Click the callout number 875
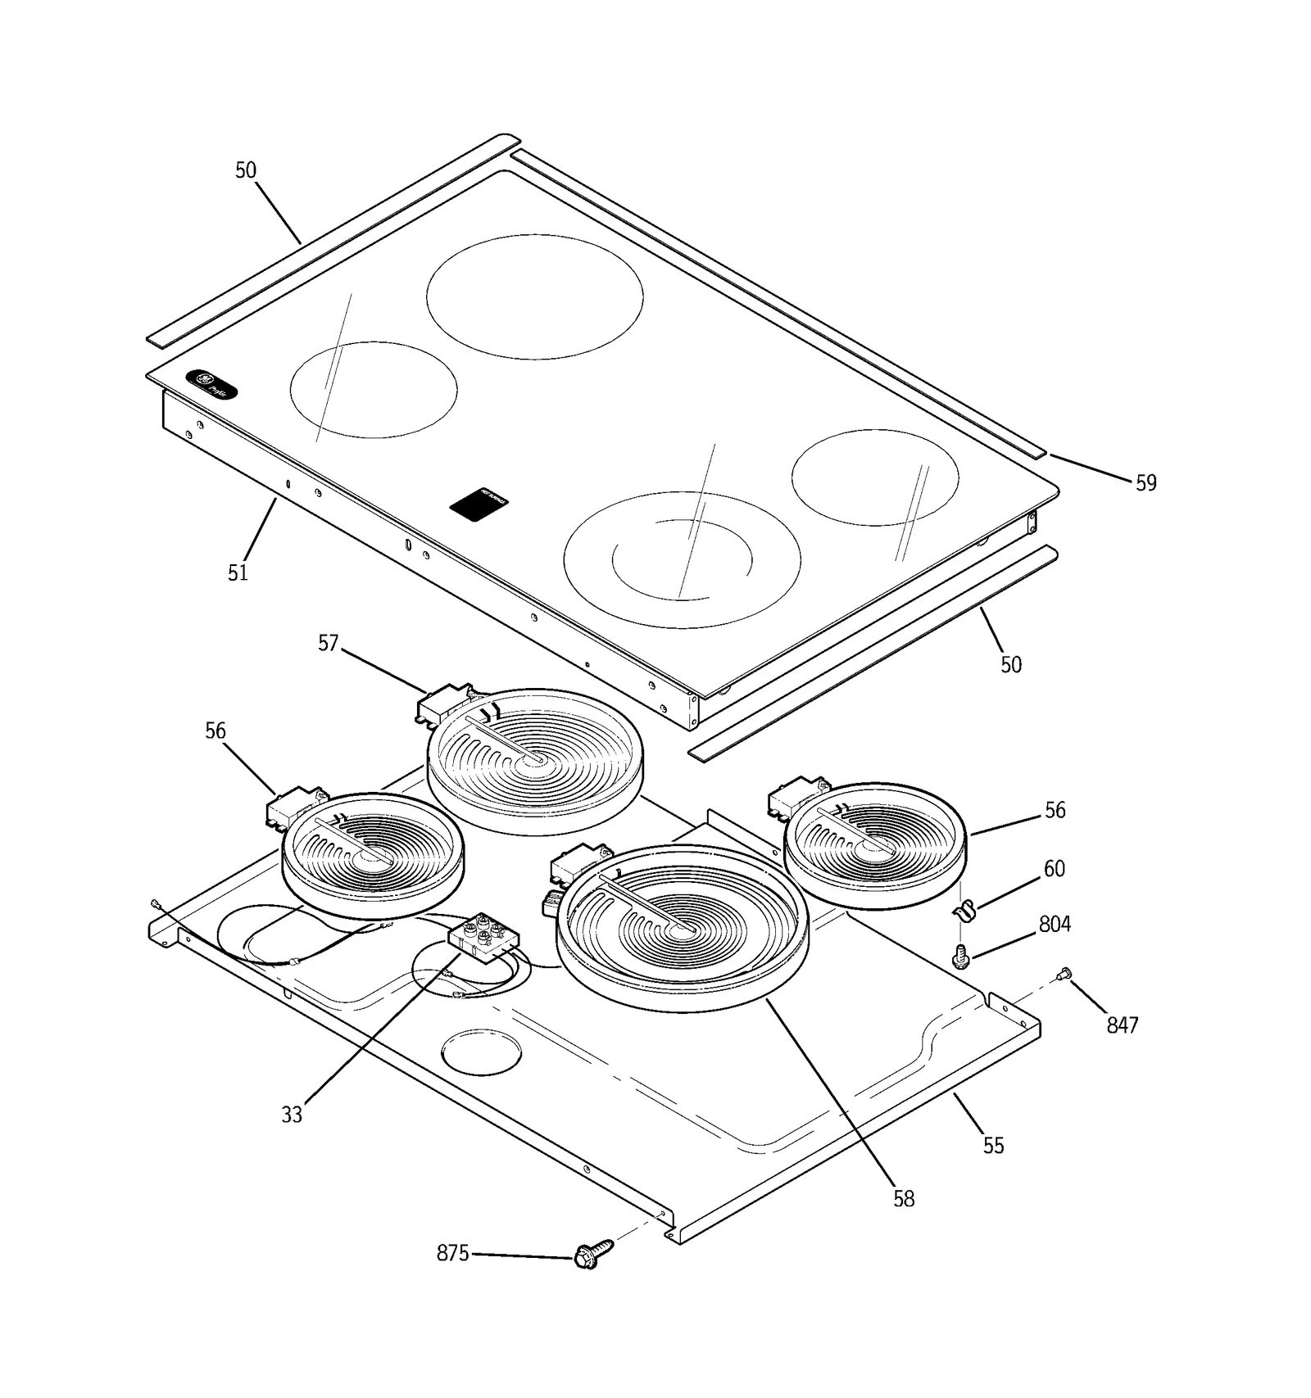(x=452, y=1253)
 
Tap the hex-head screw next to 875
(x=593, y=1255)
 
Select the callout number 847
(x=1122, y=1025)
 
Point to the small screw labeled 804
(x=962, y=955)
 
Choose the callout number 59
(x=1145, y=483)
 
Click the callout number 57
(x=328, y=643)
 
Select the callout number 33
(x=292, y=1115)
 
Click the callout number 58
(x=903, y=1198)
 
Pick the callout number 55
(x=993, y=1145)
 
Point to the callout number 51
(x=238, y=572)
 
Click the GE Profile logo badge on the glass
(x=211, y=383)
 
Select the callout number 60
(x=1054, y=868)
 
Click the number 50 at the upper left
(x=246, y=170)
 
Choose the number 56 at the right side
(x=1055, y=810)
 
